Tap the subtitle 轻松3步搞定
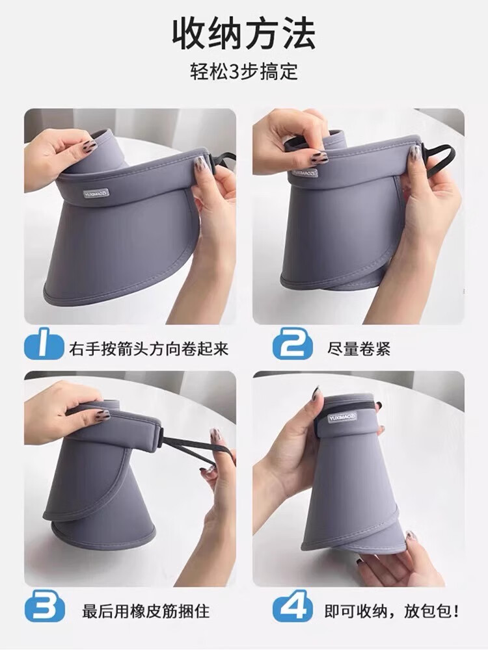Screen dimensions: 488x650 click(244, 71)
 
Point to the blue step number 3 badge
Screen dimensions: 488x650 click(44, 610)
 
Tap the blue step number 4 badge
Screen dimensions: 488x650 click(292, 610)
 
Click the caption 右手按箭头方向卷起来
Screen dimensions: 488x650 click(149, 349)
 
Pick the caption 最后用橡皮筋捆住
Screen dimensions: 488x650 click(146, 611)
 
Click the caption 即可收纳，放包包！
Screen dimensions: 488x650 click(392, 611)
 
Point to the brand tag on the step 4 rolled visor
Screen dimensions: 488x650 click(340, 415)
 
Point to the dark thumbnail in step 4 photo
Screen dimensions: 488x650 click(316, 393)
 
